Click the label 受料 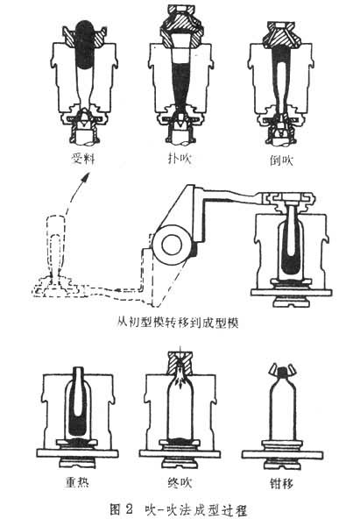click(83, 159)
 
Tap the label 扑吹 click(180, 159)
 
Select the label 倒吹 click(281, 160)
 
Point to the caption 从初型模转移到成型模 click(178, 323)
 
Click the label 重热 click(77, 482)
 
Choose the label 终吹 click(180, 482)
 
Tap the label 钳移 click(281, 483)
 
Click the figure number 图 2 click(122, 510)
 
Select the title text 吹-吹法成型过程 click(196, 510)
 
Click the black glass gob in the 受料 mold click(84, 45)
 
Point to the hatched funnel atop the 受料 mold click(84, 36)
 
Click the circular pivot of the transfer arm click(172, 245)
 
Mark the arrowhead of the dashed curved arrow click(88, 177)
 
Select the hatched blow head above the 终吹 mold click(180, 363)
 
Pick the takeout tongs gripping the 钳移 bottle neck click(282, 370)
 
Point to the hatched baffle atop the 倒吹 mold click(281, 33)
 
